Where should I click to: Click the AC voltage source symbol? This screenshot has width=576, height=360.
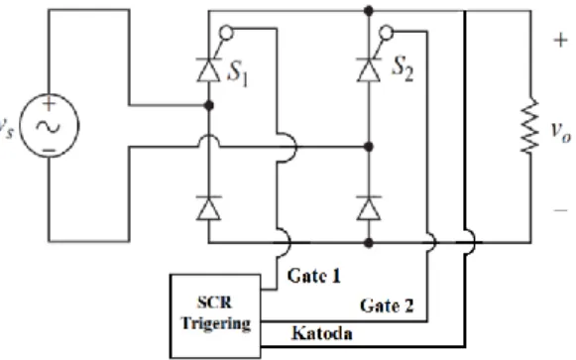(x=49, y=126)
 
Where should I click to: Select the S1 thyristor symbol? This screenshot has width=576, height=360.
(x=208, y=69)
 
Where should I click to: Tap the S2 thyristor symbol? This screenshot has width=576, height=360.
(x=369, y=69)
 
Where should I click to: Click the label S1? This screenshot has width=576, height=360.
(x=238, y=72)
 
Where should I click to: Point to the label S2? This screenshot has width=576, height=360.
(x=403, y=69)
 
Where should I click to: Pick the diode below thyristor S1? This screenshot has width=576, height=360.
(x=208, y=208)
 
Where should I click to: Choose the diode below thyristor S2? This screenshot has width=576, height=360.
(x=369, y=208)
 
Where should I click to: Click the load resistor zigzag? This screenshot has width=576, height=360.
(x=530, y=126)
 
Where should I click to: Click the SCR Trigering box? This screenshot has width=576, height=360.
(x=215, y=316)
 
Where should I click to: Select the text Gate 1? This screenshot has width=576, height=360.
(x=314, y=276)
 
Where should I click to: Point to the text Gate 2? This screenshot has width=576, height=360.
(x=387, y=305)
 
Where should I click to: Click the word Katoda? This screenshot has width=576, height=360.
(x=322, y=333)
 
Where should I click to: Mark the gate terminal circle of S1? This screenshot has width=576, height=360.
(x=226, y=33)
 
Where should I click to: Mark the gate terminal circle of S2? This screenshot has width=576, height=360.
(x=386, y=33)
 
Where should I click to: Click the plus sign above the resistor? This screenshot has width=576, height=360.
(x=560, y=40)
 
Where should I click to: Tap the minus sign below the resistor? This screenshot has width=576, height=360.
(x=560, y=210)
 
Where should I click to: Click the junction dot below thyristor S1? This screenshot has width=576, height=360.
(x=208, y=106)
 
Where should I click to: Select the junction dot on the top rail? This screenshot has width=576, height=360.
(x=369, y=11)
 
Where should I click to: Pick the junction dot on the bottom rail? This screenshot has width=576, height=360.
(x=369, y=243)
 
